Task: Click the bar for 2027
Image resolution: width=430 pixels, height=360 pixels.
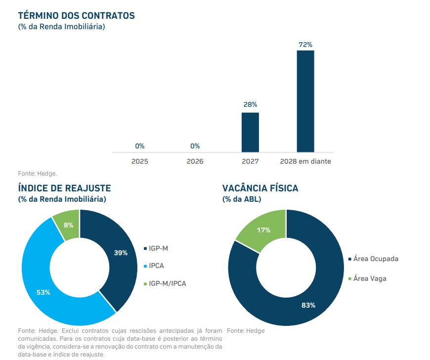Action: (250, 132)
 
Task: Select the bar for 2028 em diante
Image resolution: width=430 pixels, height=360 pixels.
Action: (305, 101)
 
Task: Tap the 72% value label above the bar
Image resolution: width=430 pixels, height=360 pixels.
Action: (305, 45)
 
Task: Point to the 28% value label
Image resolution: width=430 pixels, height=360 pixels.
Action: (250, 105)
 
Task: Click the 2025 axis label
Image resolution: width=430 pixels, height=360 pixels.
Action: (139, 161)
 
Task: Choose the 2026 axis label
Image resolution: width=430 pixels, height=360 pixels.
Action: (195, 161)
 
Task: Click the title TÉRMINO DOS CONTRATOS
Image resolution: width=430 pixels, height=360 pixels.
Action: (76, 16)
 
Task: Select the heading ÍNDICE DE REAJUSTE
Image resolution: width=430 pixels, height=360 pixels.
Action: (64, 188)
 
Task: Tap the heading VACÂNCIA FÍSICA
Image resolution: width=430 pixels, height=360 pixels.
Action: (260, 188)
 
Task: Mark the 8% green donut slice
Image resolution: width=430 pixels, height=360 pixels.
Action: (68, 225)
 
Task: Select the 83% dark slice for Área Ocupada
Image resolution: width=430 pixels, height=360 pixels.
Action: (306, 304)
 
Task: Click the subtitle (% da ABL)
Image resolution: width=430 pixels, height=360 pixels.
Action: (242, 199)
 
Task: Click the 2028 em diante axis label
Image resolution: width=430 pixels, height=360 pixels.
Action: (305, 161)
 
